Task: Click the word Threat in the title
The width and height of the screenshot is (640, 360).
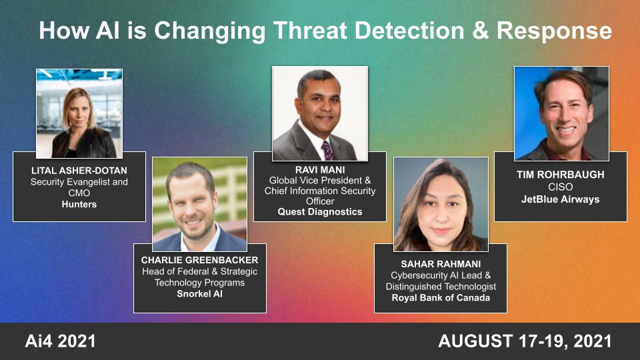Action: [297, 31]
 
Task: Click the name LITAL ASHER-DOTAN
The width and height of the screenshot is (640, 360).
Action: [79, 171]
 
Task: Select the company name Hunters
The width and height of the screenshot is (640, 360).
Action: [79, 204]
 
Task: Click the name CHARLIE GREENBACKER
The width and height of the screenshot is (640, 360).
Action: [199, 260]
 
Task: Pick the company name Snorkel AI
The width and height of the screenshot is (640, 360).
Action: [199, 293]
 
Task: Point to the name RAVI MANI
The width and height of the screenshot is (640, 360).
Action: [319, 169]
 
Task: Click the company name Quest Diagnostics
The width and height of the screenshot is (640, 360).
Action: [319, 212]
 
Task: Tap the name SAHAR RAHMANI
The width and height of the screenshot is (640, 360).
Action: [440, 264]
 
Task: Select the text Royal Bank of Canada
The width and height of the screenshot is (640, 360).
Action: [440, 297]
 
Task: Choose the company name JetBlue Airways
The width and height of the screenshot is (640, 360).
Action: [560, 199]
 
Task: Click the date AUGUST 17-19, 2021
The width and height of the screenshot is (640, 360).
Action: [525, 341]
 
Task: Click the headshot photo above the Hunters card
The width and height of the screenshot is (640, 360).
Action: [79, 113]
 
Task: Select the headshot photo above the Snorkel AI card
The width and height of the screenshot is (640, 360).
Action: [199, 204]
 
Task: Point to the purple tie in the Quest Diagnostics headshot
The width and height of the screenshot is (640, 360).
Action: [327, 149]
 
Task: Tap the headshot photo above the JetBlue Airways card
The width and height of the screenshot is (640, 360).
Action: [561, 113]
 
